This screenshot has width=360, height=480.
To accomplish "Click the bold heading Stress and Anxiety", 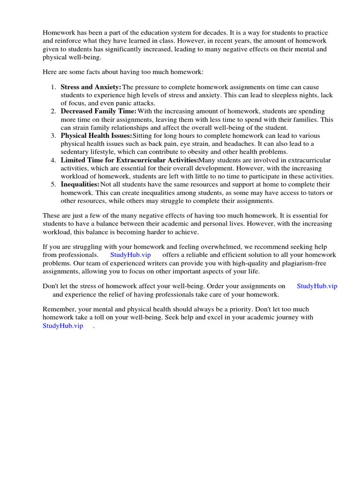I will (90, 87).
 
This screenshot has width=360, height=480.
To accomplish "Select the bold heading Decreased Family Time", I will (98, 112).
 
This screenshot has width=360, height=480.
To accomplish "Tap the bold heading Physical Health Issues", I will (96, 136).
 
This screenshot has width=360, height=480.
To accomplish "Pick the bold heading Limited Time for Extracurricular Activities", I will (129, 160).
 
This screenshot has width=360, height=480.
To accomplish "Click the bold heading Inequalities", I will (80, 185).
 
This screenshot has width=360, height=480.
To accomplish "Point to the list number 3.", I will (53, 136).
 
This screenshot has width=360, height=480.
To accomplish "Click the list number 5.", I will (53, 185).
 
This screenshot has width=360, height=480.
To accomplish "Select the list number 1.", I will (53, 87).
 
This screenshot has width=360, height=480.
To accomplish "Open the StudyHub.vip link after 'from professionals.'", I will (130, 255).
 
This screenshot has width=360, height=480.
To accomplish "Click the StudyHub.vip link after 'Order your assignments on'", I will (317, 286).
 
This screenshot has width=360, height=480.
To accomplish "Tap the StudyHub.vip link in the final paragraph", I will (63, 326).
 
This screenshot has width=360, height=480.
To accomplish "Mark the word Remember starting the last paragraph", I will (58, 309).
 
